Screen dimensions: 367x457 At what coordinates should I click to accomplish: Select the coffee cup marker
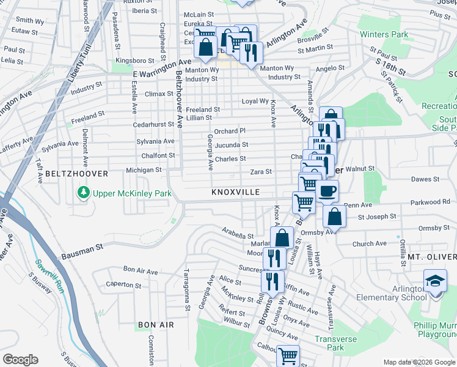[x=327, y=191]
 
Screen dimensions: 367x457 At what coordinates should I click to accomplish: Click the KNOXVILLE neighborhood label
[x=236, y=192]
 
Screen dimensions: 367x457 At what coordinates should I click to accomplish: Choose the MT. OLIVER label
[x=432, y=256]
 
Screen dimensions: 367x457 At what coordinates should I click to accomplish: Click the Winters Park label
[x=384, y=35]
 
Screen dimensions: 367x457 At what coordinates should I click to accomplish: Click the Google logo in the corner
[x=20, y=360]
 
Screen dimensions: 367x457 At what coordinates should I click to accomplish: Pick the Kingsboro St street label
[x=135, y=61]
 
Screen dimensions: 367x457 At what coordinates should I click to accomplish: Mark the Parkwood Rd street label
[x=430, y=202]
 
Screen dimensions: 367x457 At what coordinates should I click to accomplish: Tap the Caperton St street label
[x=123, y=284]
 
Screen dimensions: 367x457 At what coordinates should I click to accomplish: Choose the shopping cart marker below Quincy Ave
[x=287, y=355]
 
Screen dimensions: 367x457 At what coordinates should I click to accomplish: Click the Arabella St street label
[x=238, y=235]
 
